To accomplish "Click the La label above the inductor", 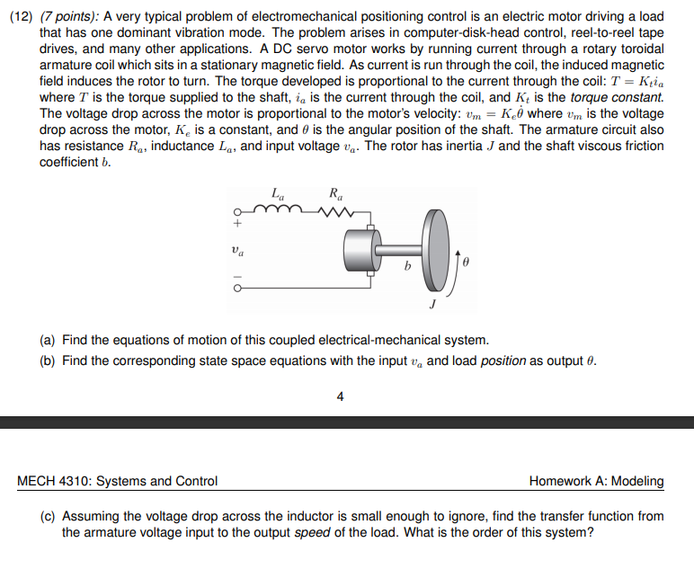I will point(276,191).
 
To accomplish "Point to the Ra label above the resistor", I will point(336,191).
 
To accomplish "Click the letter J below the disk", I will point(432,304).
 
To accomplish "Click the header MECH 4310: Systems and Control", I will point(118,481).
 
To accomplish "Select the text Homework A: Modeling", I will point(596,481).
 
